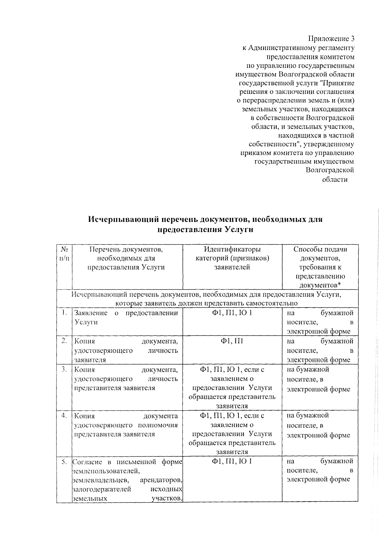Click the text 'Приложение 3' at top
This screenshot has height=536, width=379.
coord(331,39)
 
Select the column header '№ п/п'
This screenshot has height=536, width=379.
coord(64,254)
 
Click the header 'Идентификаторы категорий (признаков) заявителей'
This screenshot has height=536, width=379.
coord(232,258)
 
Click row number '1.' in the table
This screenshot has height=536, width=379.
coord(65,313)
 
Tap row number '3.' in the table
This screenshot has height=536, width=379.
coord(64,369)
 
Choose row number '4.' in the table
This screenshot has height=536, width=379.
coord(64,415)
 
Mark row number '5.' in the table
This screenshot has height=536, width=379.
coord(64,462)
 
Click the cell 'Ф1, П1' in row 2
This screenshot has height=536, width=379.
coord(232,341)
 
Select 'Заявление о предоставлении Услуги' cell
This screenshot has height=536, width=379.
coord(126,317)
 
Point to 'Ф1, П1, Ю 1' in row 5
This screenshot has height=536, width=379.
coord(232,462)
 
